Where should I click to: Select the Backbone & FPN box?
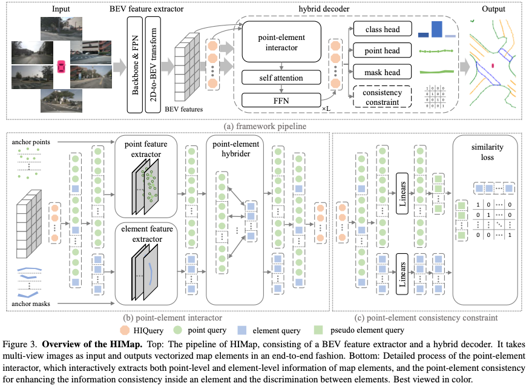coord(134,64)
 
